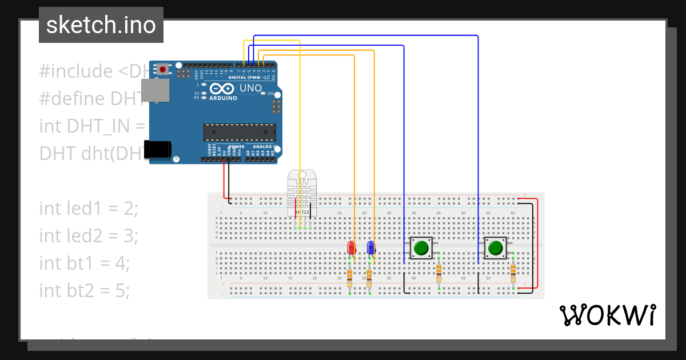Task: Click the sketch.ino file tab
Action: tap(101, 25)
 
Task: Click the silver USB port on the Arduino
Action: tap(155, 91)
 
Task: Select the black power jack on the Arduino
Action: tap(158, 149)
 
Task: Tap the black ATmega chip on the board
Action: tap(240, 132)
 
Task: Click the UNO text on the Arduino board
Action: tap(251, 89)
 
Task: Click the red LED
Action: tap(352, 248)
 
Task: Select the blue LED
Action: tap(371, 248)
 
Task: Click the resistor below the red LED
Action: tap(350, 278)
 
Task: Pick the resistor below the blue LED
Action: tap(369, 278)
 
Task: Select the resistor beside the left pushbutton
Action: tap(438, 273)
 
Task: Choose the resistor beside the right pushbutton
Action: tap(513, 273)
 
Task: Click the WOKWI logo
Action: tap(607, 315)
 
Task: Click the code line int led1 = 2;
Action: tap(89, 209)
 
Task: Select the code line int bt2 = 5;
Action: tap(85, 291)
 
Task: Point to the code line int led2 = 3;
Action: tap(89, 235)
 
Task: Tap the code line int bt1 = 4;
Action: tap(85, 263)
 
